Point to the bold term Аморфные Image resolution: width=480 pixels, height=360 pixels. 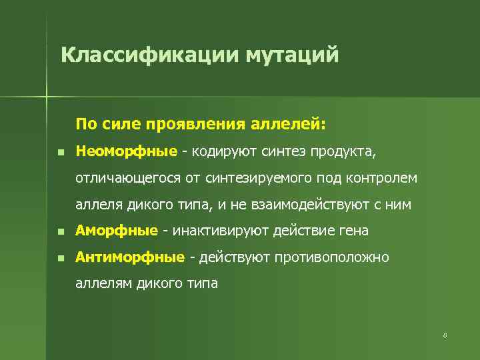[117, 231]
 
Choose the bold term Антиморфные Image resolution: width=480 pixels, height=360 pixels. [130, 257]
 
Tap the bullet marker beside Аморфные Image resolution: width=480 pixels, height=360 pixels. [60, 231]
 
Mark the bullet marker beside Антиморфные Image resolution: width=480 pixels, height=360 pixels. [60, 257]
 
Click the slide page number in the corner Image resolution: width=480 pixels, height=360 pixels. [444, 334]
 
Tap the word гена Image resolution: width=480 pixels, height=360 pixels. [354, 231]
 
